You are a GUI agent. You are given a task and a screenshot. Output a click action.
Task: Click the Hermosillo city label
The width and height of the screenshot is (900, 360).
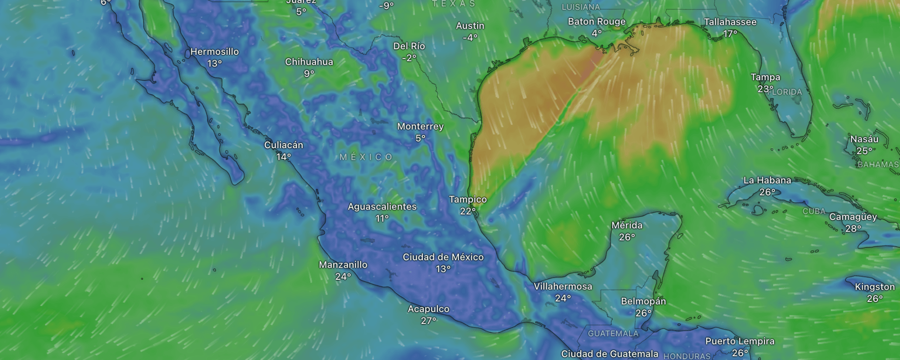(x=214, y=52)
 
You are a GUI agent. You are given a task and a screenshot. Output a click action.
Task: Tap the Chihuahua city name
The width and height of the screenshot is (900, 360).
(x=309, y=62)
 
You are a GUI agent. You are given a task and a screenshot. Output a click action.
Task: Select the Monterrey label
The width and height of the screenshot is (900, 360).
(x=420, y=127)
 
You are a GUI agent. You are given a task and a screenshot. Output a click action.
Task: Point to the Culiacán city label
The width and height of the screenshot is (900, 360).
(x=284, y=145)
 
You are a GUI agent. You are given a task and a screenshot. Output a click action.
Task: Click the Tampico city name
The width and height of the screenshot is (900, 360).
(x=468, y=200)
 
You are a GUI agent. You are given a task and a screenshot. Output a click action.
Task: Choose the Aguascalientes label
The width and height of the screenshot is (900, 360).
(x=382, y=207)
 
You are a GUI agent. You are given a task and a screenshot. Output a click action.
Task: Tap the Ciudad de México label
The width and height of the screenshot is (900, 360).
(x=443, y=257)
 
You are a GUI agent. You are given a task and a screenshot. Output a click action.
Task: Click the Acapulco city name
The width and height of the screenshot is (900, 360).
(x=428, y=309)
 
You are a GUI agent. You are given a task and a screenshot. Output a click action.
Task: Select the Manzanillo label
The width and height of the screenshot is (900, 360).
(x=343, y=265)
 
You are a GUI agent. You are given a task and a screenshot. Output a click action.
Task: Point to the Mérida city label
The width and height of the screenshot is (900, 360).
(x=627, y=225)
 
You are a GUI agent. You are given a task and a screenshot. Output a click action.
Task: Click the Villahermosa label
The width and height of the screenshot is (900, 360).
(x=563, y=286)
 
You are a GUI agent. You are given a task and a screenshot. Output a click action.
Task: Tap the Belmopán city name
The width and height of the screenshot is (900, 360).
(x=643, y=301)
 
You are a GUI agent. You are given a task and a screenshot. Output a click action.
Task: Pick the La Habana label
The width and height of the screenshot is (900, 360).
(x=767, y=180)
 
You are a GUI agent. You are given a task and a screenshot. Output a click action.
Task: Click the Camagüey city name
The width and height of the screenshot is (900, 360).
(x=853, y=217)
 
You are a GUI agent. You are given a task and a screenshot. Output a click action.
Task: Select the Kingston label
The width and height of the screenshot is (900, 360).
(x=875, y=287)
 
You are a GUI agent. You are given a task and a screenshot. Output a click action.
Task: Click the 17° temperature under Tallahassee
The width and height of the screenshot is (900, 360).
(x=730, y=34)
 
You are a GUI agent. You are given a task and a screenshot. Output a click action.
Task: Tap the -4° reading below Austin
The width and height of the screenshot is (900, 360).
(x=470, y=37)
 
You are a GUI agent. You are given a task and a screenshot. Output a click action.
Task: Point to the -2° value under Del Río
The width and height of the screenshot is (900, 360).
(x=409, y=58)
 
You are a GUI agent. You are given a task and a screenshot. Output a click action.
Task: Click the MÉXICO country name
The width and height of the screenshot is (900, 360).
(x=366, y=157)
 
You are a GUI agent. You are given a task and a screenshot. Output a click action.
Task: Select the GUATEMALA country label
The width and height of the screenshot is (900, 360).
(x=613, y=334)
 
